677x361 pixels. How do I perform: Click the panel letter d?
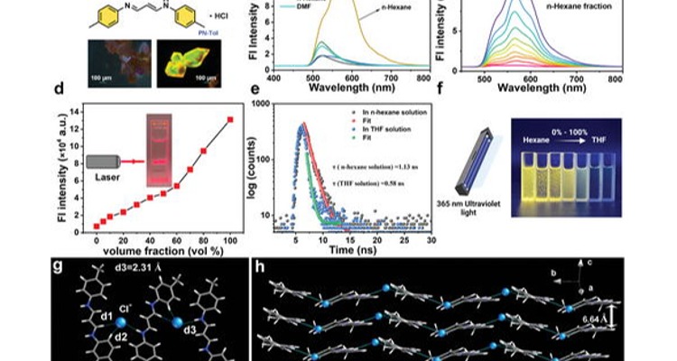59,90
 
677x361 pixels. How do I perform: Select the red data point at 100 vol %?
230,119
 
